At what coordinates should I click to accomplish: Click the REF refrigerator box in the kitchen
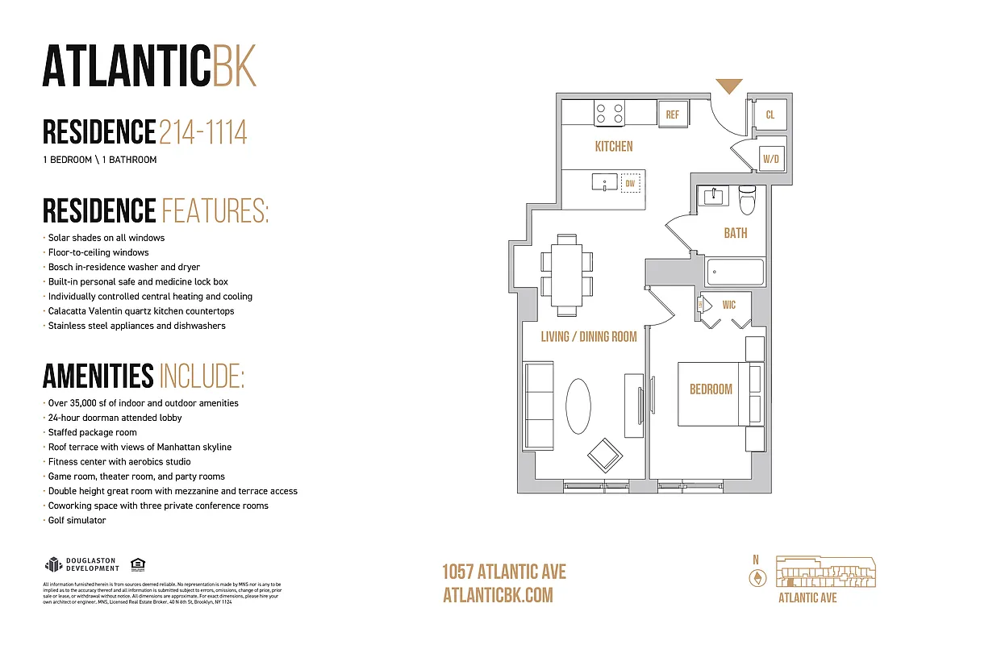pyautogui.click(x=672, y=114)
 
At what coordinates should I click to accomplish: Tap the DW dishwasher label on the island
pyautogui.click(x=631, y=184)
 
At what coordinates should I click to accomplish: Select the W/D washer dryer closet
pyautogui.click(x=771, y=160)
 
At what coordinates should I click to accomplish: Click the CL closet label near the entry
pyautogui.click(x=770, y=114)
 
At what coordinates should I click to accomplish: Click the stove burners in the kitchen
pyautogui.click(x=609, y=113)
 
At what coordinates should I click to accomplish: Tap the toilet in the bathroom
pyautogui.click(x=747, y=199)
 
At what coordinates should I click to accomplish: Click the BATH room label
pyautogui.click(x=735, y=233)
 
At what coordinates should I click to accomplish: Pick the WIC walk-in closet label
pyautogui.click(x=729, y=305)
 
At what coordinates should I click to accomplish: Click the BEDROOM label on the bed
pyautogui.click(x=711, y=389)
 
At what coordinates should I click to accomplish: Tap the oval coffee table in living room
pyautogui.click(x=578, y=406)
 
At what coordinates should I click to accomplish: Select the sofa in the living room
pyautogui.click(x=539, y=406)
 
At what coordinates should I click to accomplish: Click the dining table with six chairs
pyautogui.click(x=565, y=274)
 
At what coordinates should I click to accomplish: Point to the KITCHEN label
pyautogui.click(x=613, y=147)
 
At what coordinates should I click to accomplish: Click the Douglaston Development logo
pyautogui.click(x=82, y=564)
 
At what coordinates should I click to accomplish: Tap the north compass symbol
pyautogui.click(x=757, y=577)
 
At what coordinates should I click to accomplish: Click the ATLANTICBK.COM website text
pyautogui.click(x=498, y=595)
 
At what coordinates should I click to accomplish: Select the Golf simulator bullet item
pyautogui.click(x=77, y=521)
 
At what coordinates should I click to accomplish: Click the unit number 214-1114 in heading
pyautogui.click(x=202, y=132)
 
